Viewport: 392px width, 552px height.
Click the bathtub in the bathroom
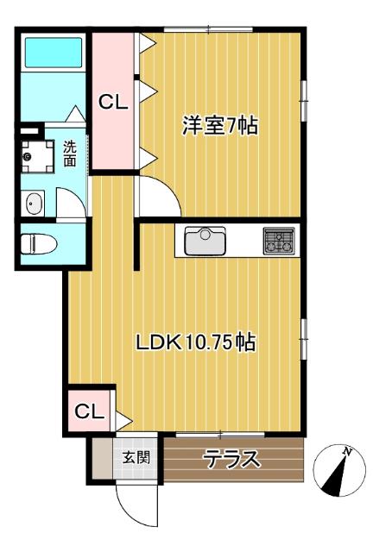[54, 53]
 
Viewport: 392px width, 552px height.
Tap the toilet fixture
[39, 244]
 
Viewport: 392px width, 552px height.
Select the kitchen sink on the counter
[205, 241]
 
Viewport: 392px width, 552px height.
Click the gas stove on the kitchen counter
[279, 241]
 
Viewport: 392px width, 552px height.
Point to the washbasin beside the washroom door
[35, 204]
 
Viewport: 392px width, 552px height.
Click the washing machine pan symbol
[37, 156]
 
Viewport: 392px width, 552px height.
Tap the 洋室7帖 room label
[220, 125]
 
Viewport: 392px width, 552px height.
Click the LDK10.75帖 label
[196, 342]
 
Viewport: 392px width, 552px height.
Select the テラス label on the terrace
[233, 459]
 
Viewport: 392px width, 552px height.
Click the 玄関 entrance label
[136, 457]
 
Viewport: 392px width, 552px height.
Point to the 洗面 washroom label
[70, 154]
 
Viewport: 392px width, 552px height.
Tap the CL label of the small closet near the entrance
[90, 411]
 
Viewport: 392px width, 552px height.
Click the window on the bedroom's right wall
[304, 101]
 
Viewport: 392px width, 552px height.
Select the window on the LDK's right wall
[304, 339]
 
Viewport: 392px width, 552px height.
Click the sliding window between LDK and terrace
[220, 435]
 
